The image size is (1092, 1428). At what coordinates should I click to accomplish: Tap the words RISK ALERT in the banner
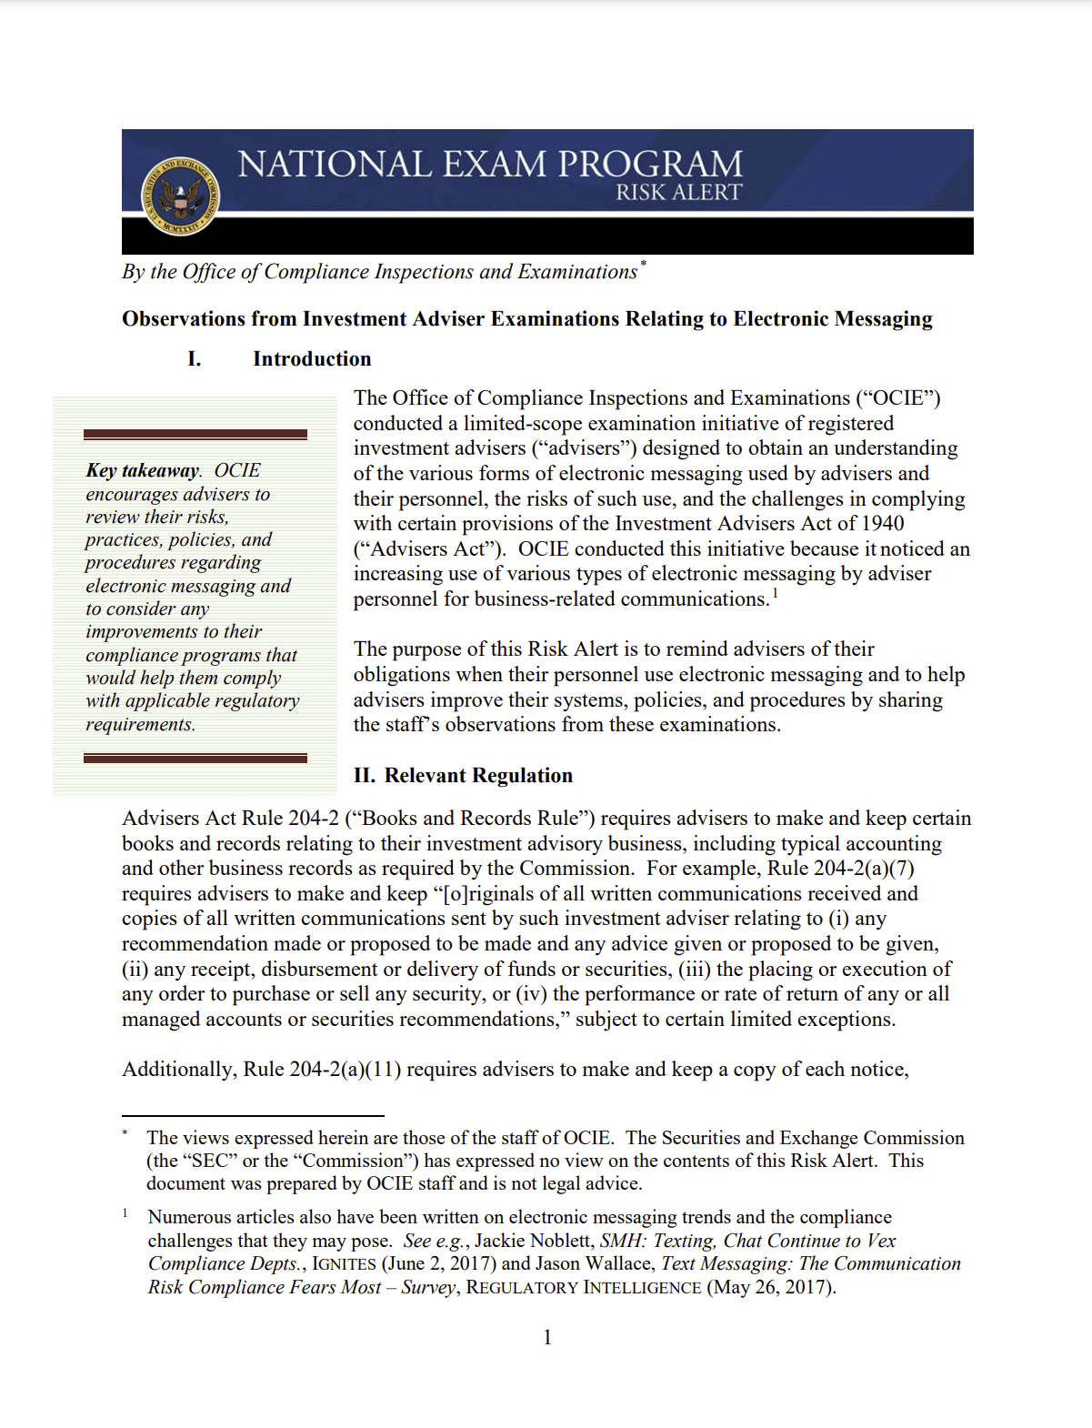coord(678,193)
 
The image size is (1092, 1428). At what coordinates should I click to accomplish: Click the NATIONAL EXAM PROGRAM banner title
coord(490,165)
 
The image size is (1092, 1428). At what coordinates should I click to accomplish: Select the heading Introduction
coord(312,359)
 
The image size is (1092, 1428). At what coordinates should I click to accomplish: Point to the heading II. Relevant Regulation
coord(463,776)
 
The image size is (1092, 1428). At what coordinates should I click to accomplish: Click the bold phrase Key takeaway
coord(143,470)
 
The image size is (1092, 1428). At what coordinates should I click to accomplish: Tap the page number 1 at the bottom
coord(547,1337)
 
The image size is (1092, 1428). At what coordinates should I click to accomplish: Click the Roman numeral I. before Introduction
coord(194,359)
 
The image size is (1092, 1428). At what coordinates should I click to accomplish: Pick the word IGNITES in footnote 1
coord(344,1264)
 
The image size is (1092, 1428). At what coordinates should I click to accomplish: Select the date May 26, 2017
coord(770,1288)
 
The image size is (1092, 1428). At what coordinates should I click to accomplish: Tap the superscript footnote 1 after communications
coord(776,594)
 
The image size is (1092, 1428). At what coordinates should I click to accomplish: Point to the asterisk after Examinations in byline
coord(643,265)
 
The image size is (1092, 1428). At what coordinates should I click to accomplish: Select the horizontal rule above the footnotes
coord(253,1115)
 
